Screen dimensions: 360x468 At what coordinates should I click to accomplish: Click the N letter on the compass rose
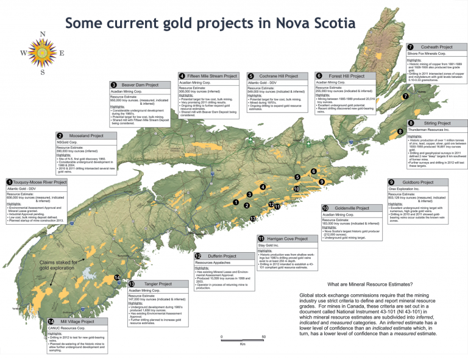click(x=41, y=34)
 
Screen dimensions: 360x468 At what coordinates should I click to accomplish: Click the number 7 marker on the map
click(x=405, y=96)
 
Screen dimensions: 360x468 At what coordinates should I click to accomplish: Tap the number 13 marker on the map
click(x=253, y=218)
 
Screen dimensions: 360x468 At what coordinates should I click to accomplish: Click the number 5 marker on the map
click(x=297, y=177)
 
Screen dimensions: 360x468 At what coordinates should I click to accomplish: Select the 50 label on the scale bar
click(x=263, y=337)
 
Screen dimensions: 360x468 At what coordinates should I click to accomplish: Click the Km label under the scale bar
click(x=243, y=345)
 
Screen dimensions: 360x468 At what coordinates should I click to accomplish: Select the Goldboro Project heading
click(x=422, y=182)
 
